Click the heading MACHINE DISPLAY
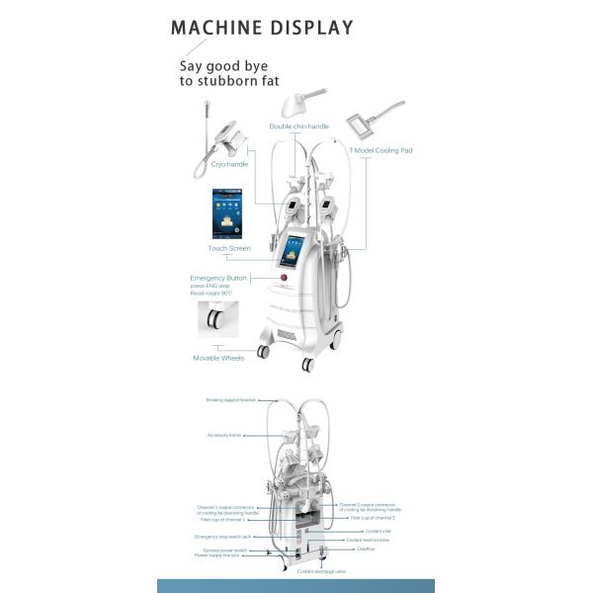pos(262,27)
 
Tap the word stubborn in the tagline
pos(236,83)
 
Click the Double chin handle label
pos(299,127)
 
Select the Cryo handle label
pos(230,164)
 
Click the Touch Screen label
pos(229,248)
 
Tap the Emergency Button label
pos(218,279)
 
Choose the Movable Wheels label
pos(217,358)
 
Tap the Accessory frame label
pos(224,435)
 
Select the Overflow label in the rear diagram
pos(366,549)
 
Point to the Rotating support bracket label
pos(231,400)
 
